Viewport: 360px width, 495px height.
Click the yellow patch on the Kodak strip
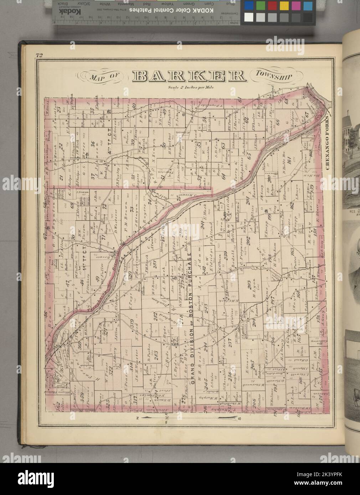pos(284,6)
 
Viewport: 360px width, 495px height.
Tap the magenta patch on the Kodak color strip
pos(295,6)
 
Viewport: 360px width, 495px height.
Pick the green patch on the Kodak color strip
pos(261,6)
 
